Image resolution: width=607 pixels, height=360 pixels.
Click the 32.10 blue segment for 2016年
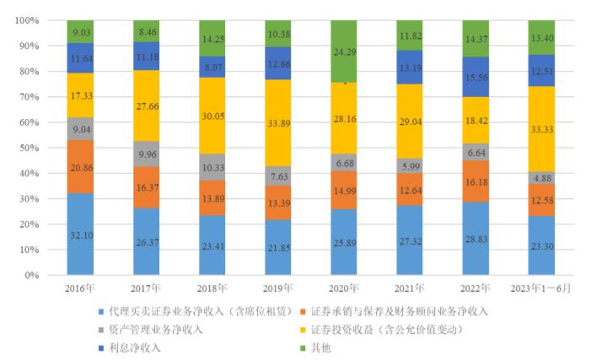80,234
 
